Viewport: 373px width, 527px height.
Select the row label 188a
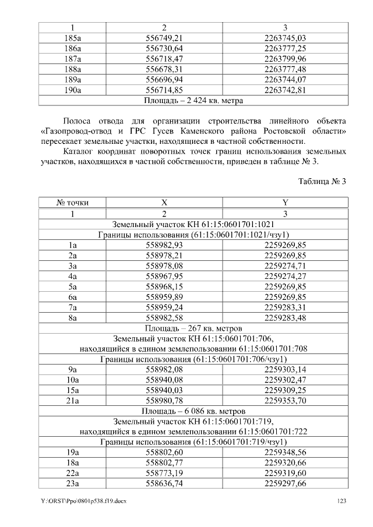coord(72,69)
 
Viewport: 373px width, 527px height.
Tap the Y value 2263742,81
coord(285,90)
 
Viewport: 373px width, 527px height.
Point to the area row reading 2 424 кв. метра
coord(193,100)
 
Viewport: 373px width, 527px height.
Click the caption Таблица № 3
coord(322,182)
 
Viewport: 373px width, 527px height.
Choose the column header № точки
coord(72,203)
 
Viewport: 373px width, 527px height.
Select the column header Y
coord(285,203)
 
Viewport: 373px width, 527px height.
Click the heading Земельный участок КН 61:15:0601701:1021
coord(193,224)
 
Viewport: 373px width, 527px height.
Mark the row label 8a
coord(72,317)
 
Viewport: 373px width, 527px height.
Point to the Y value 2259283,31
coord(285,307)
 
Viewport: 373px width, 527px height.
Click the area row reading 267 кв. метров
coord(193,328)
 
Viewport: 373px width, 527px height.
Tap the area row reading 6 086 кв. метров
coord(193,411)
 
